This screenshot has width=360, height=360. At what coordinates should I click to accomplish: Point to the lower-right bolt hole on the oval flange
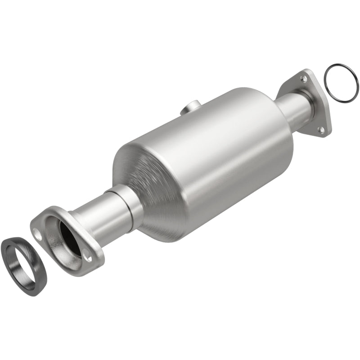tap(87, 258)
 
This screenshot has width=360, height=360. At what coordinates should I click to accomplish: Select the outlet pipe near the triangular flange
tap(292, 108)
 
